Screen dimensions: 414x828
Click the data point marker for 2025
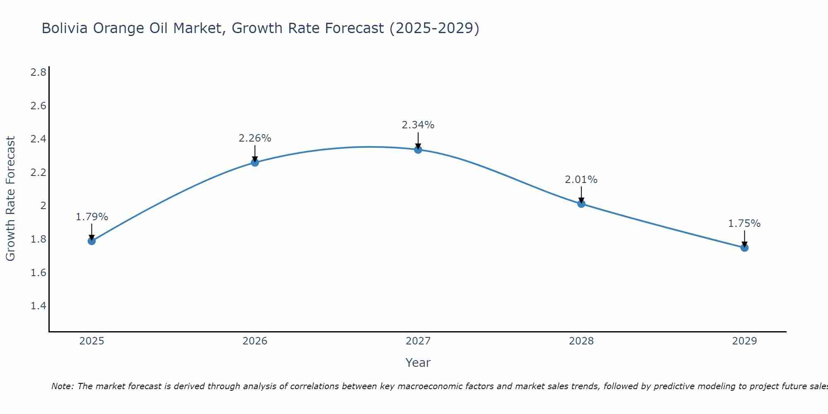[92, 241]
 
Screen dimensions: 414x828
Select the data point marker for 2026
[255, 162]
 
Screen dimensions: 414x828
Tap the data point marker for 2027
[418, 149]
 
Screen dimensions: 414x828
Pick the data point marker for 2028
[581, 204]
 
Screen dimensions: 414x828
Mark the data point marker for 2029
[744, 248]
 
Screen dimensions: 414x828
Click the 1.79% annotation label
[92, 217]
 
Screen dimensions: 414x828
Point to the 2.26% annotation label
[255, 138]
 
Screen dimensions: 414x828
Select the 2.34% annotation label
[418, 125]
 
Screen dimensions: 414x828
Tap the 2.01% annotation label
[581, 180]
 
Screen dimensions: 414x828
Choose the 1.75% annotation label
[744, 224]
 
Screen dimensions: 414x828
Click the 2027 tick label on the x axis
[418, 341]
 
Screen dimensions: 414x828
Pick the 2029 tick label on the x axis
[744, 341]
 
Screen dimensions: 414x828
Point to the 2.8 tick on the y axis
[39, 72]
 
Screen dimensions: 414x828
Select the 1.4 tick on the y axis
[39, 306]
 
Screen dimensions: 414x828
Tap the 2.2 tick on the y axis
[39, 173]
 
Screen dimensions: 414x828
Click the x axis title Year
[418, 363]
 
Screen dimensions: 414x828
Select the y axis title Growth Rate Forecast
[11, 199]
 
